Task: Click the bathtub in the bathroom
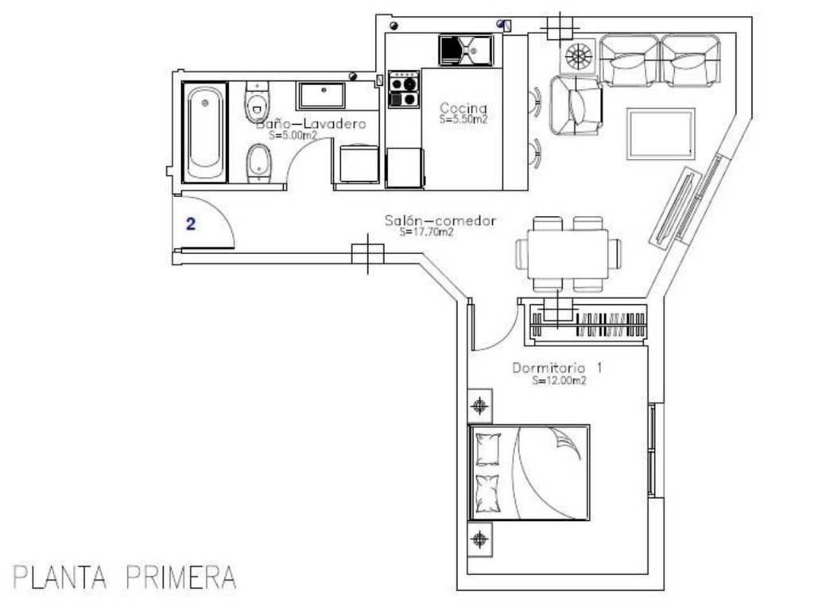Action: coord(204,133)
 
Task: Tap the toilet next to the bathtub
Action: coord(257,102)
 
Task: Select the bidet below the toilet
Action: coord(258,162)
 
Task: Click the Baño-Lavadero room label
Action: coord(311,124)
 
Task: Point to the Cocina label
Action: coord(463,108)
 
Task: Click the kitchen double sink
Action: coord(466,50)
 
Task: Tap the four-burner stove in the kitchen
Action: coord(404,89)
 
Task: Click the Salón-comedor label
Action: coord(440,221)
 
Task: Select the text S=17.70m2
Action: coord(426,233)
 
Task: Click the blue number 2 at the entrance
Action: coord(191,224)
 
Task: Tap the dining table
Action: coord(568,253)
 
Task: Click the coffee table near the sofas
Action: coord(661,133)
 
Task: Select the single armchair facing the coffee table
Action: coord(576,106)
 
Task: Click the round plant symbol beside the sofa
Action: coord(577,56)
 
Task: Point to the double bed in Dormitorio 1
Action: coord(529,473)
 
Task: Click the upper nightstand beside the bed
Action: coord(479,405)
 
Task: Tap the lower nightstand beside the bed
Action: coord(479,539)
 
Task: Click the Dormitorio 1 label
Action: coord(557,368)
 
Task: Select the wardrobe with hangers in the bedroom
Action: coord(588,324)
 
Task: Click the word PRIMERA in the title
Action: coord(181,577)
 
